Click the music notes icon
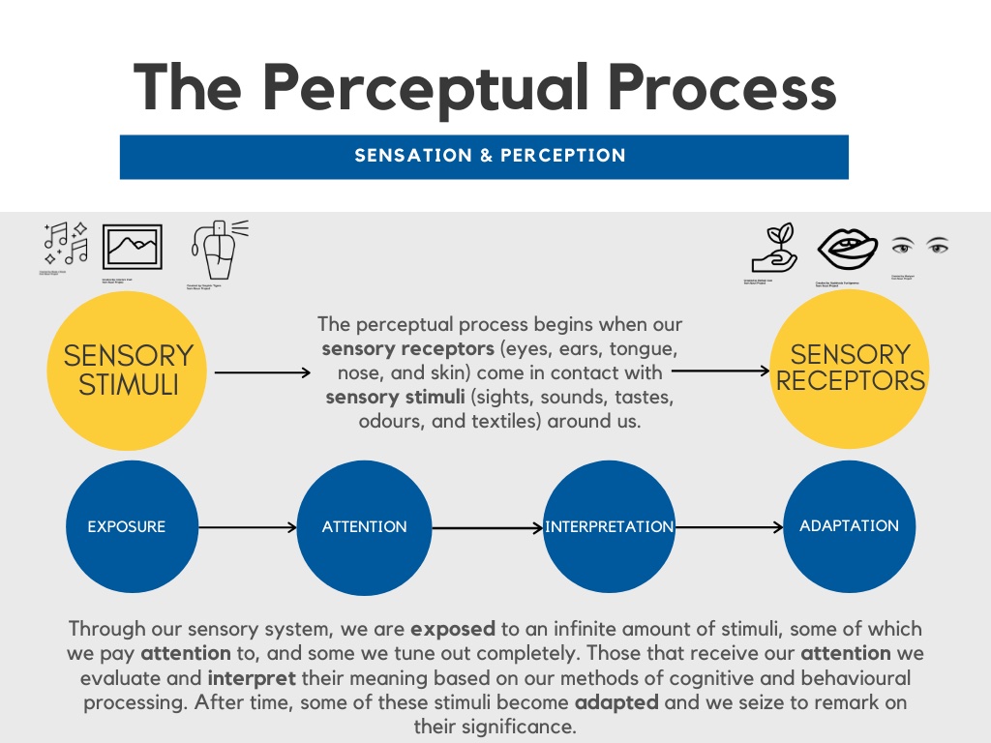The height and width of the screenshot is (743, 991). point(66,244)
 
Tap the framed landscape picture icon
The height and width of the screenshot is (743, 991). point(133,248)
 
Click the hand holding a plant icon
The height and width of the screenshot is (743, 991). point(773,250)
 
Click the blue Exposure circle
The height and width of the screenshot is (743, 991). point(127,527)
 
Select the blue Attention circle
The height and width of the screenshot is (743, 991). point(364,527)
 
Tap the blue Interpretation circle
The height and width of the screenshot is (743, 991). point(609,527)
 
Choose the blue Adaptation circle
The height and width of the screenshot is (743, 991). point(849,526)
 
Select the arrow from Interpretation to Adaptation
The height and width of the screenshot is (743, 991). point(728,527)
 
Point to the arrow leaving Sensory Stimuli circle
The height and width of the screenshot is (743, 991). point(261,371)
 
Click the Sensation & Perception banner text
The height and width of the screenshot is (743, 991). point(490,156)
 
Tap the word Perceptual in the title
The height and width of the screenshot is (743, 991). point(426,88)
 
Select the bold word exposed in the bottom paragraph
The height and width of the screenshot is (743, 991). point(452,630)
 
